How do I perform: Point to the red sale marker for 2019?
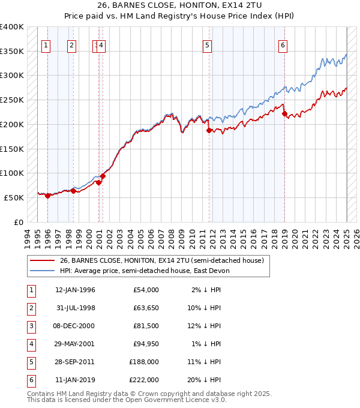(x=284, y=113)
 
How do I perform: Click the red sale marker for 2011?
(x=209, y=130)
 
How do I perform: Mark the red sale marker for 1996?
(x=47, y=196)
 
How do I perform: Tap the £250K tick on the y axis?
(x=11, y=100)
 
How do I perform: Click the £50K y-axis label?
(x=14, y=197)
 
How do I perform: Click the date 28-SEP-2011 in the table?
(x=75, y=362)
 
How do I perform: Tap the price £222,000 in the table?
(x=144, y=380)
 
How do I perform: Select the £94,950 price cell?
(x=145, y=344)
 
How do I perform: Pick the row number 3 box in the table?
(x=31, y=326)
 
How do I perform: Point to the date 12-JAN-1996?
(x=75, y=290)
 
